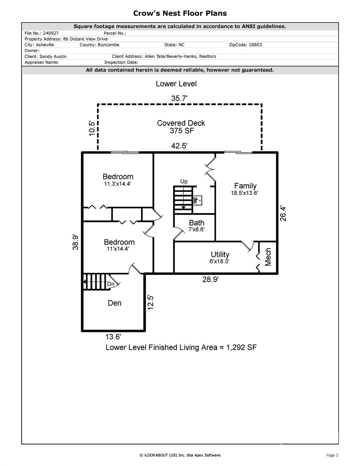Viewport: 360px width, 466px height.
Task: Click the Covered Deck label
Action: click(x=181, y=123)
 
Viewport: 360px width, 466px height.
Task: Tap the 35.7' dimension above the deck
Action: click(x=179, y=98)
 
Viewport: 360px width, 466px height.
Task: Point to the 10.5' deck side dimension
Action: click(x=92, y=128)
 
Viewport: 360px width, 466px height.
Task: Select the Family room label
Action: click(x=245, y=186)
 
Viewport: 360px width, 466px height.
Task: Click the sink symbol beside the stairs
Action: click(x=198, y=201)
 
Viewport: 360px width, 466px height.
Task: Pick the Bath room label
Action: click(x=197, y=223)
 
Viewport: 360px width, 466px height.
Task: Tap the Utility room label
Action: click(x=220, y=254)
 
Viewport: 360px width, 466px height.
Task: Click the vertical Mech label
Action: click(x=268, y=257)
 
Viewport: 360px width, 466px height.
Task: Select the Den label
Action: click(x=114, y=303)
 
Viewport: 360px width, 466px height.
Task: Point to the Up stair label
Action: click(x=184, y=182)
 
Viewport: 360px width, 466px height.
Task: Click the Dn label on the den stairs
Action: click(x=111, y=284)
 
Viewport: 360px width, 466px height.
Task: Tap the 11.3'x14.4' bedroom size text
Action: click(x=117, y=184)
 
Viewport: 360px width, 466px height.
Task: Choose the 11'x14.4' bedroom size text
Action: click(x=118, y=249)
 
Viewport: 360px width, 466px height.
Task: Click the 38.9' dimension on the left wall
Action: click(x=76, y=242)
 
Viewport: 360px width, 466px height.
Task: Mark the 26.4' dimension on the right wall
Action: click(x=283, y=214)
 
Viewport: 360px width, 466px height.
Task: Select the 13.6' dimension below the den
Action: click(x=113, y=337)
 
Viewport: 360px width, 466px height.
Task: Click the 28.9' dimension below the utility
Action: click(x=210, y=279)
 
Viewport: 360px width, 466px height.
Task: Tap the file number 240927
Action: click(x=51, y=33)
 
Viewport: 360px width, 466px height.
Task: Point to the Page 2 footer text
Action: click(x=332, y=455)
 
